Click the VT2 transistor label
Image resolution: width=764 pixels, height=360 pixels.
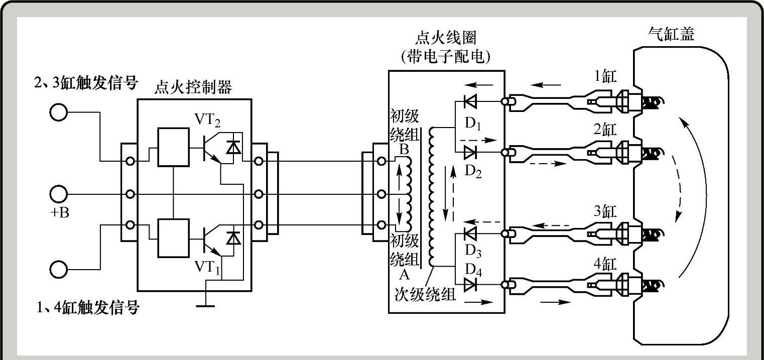tap(207, 120)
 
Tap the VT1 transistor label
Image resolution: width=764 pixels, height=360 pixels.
tap(207, 267)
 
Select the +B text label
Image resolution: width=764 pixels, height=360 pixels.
tap(60, 212)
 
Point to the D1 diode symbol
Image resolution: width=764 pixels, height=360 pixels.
tap(470, 101)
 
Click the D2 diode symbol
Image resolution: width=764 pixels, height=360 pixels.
tap(470, 152)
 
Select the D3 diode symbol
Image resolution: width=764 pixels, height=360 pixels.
tap(470, 234)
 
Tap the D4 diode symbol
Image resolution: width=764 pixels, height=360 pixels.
tap(470, 284)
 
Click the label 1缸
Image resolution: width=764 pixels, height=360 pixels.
tap(605, 76)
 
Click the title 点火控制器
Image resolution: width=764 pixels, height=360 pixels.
tap(193, 87)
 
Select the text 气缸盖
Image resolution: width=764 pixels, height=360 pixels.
tap(671, 34)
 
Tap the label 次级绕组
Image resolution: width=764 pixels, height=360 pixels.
tap(425, 295)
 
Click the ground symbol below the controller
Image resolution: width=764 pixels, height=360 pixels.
tap(206, 306)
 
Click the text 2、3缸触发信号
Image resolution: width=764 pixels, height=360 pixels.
tap(86, 82)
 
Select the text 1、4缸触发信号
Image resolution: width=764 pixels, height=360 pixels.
tap(88, 307)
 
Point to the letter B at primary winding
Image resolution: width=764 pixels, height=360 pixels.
tap(404, 150)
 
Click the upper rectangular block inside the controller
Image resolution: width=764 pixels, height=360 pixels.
tap(173, 147)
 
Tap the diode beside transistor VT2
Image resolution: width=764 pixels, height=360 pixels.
tap(234, 147)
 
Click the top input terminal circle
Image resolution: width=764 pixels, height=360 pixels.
tap(59, 112)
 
